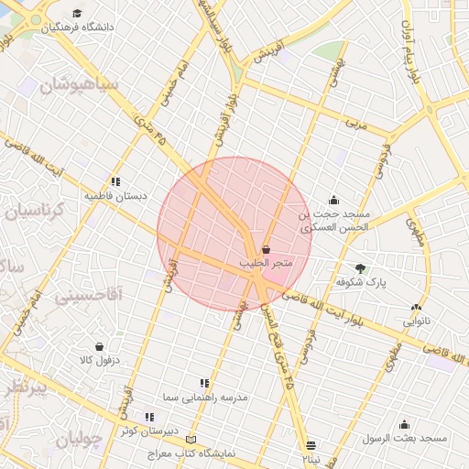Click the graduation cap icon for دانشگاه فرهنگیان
click(x=78, y=14)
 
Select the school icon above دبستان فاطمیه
click(x=115, y=181)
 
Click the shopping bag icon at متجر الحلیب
click(x=266, y=249)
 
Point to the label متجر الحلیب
click(x=266, y=264)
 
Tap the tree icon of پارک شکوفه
click(x=361, y=268)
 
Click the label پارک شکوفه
click(x=361, y=282)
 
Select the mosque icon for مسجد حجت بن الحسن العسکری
click(x=333, y=200)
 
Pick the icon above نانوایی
click(x=417, y=308)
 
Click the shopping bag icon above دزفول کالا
click(x=100, y=347)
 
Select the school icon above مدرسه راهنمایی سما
click(x=204, y=383)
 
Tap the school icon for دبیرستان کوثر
click(x=149, y=417)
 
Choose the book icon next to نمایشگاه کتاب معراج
click(x=191, y=440)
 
